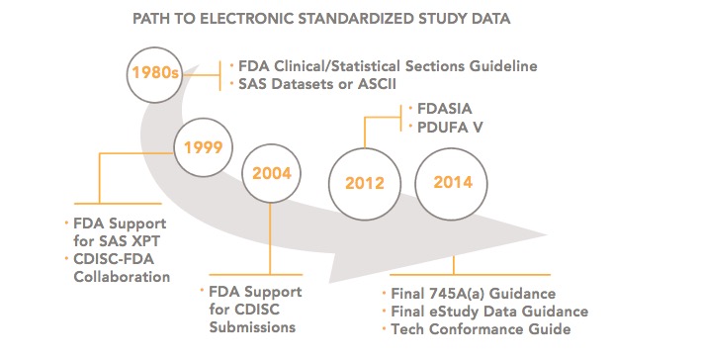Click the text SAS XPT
tap(139, 240)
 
